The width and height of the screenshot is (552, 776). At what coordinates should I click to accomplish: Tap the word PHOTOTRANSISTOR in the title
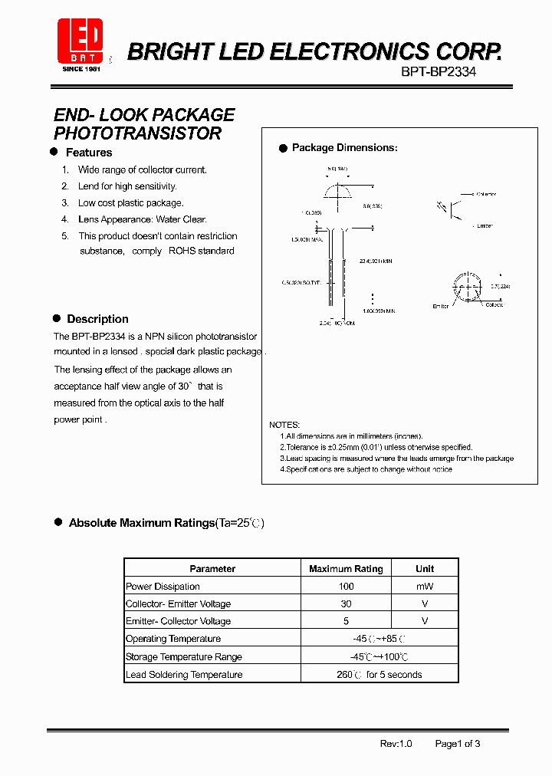[137, 133]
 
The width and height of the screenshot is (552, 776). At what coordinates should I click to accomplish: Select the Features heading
[89, 153]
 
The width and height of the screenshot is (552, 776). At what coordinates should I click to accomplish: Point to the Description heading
[97, 319]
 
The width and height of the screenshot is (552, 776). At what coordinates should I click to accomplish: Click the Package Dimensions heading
[344, 148]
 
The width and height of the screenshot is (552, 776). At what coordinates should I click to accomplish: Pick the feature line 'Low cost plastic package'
[130, 203]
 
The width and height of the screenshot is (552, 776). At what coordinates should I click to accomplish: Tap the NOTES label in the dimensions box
[284, 425]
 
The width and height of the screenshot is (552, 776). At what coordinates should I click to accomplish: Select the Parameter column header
[212, 569]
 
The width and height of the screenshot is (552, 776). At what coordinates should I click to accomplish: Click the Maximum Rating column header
[346, 569]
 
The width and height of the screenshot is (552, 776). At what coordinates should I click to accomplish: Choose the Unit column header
[425, 569]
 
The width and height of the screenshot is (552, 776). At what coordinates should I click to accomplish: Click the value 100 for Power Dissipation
[346, 587]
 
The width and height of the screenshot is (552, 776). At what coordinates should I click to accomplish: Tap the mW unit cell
[425, 587]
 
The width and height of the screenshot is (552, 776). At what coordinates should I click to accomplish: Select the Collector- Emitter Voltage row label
[178, 604]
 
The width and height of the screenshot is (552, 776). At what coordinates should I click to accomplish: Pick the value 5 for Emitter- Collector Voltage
[346, 621]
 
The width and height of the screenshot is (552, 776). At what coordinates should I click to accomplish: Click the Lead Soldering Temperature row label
[184, 675]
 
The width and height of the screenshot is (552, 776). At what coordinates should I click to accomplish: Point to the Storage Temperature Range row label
[184, 657]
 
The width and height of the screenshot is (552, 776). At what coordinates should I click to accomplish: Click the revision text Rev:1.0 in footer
[396, 744]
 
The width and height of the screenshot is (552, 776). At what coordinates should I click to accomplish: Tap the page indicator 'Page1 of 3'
[458, 744]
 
